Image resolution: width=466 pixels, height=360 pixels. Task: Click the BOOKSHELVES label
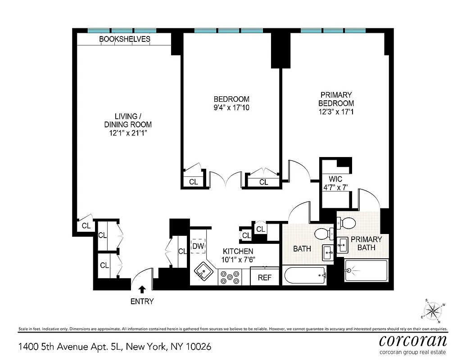pos(125,40)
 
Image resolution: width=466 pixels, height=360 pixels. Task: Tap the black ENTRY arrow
pos(142,289)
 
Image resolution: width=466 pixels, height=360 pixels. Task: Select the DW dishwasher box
pos(198,246)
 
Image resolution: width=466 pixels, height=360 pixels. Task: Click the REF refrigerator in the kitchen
pos(265,277)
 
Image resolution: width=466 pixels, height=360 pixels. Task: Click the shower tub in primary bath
pos(366,271)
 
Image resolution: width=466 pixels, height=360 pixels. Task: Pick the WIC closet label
pos(335,179)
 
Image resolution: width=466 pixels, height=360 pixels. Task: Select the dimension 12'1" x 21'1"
pos(128,133)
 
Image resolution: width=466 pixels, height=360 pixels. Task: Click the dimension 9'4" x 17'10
pos(231,108)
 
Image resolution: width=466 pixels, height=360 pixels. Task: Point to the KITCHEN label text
pos(238,251)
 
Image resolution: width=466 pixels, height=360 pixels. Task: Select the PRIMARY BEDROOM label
pos(335,99)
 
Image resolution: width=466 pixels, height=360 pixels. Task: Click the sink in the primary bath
pos(342,245)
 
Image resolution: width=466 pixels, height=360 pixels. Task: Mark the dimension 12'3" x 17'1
pos(335,112)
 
